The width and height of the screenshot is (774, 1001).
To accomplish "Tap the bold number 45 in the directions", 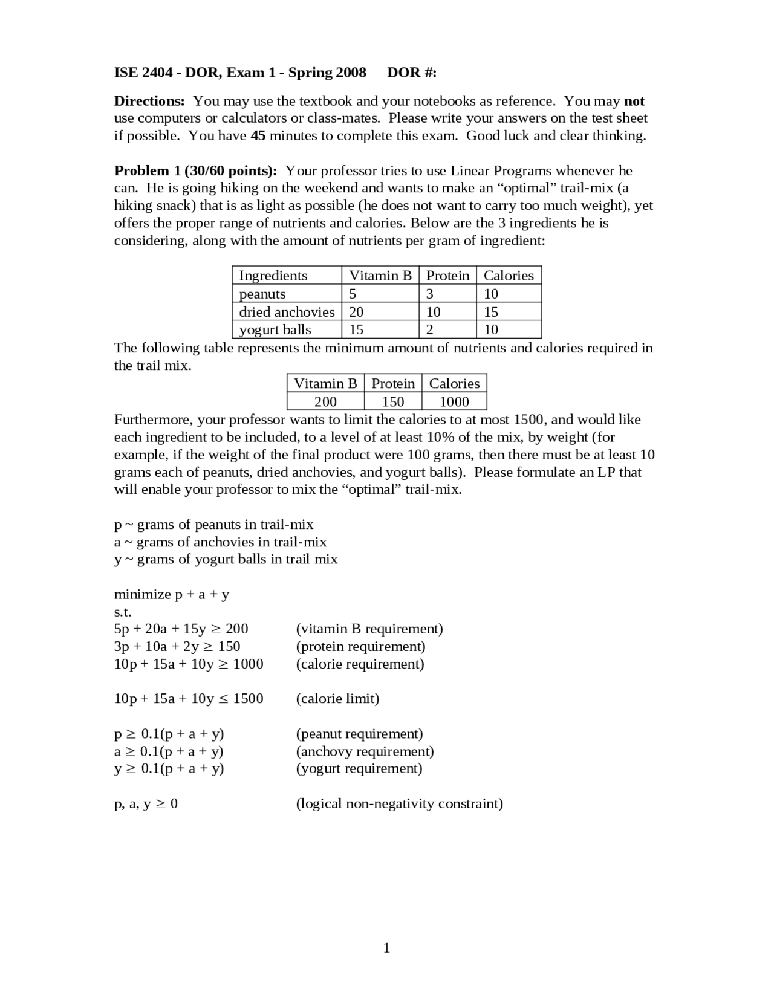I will point(258,135).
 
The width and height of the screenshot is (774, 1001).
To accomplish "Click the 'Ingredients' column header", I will point(273,276).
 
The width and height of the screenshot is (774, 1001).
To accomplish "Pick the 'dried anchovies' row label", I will point(287,312).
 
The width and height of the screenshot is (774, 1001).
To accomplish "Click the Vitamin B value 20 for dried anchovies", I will point(356,312).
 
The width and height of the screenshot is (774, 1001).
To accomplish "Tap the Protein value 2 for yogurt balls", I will point(430,329).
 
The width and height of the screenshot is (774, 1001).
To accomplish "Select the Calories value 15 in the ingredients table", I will point(491,312).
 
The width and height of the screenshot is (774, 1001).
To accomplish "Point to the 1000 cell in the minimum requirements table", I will point(454,401).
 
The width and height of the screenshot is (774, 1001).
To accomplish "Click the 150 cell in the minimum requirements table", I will point(393,401).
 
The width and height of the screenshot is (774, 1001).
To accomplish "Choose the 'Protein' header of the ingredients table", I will point(447,276).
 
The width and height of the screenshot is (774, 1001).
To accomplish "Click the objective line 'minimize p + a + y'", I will point(172,594).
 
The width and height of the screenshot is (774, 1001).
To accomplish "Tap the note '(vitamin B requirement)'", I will point(369,629).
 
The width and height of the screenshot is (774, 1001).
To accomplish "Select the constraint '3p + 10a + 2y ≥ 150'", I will point(177,646).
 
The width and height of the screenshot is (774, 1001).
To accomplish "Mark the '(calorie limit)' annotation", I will point(337,699).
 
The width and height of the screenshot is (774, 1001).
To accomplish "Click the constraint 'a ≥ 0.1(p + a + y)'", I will point(169,751).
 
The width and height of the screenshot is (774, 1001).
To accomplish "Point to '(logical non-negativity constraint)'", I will point(399,803).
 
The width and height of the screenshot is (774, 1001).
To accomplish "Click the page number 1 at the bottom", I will point(386,948).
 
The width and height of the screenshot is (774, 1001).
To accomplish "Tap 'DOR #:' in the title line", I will point(412,73).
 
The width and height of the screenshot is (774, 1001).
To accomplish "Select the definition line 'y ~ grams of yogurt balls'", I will point(226,559).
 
